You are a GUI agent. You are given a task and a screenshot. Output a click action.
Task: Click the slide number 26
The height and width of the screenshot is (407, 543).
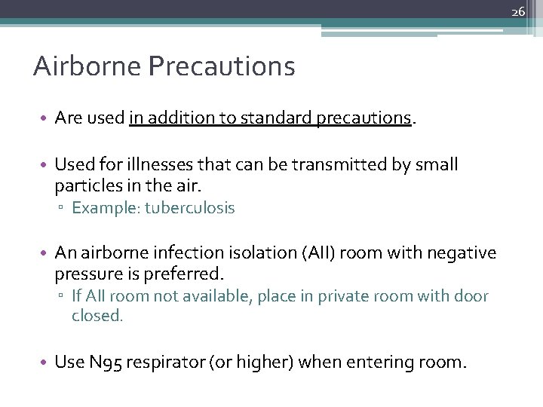[518, 11]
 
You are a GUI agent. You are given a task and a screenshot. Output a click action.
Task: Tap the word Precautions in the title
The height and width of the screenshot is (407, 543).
[222, 66]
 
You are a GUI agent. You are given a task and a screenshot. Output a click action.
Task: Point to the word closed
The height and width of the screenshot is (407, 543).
[97, 316]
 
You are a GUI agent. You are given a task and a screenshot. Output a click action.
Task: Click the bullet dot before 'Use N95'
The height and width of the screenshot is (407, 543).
[46, 363]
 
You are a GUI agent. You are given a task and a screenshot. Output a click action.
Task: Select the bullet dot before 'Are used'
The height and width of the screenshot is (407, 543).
[46, 118]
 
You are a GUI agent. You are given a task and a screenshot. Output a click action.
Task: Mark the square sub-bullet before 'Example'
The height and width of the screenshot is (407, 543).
[65, 209]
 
